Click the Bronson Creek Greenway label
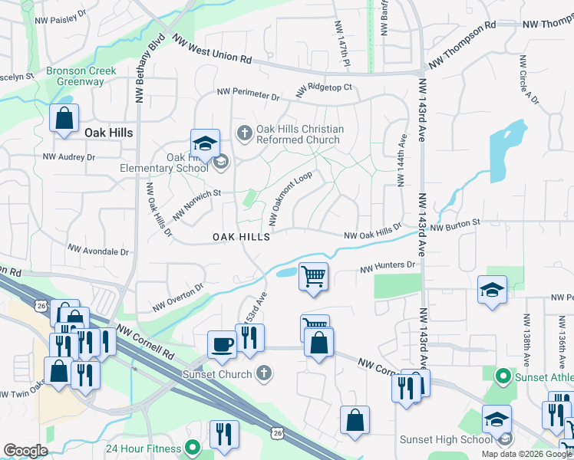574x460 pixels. (81, 77)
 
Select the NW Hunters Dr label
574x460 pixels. (388, 266)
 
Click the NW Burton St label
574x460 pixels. (454, 225)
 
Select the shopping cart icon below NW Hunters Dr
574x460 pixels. (313, 276)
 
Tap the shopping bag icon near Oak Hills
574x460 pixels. (64, 119)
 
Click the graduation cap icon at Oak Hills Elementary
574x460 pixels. (205, 143)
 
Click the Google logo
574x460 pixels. (25, 451)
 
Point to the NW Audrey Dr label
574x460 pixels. (68, 156)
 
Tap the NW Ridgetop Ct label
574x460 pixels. (323, 88)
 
